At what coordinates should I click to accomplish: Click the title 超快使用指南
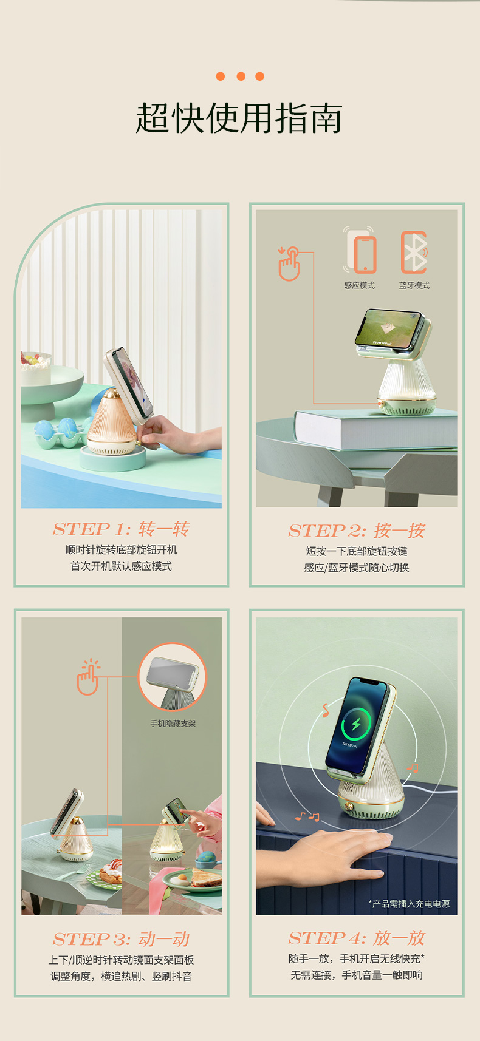point(239,118)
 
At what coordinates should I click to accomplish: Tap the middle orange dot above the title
point(241,76)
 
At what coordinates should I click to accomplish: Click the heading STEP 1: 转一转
point(121,529)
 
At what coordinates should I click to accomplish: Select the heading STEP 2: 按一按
point(357,531)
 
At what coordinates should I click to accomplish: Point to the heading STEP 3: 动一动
point(121,939)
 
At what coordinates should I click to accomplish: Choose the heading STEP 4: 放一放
point(357,938)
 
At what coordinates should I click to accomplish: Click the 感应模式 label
point(359,285)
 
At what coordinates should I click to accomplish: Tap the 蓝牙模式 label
point(414,285)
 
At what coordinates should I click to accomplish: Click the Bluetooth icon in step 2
point(414,252)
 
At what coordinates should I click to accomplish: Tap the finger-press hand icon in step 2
point(289,264)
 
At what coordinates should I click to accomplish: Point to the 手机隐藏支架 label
point(173,724)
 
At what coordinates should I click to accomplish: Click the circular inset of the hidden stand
point(173,677)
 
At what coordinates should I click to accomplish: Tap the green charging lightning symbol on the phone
point(356,724)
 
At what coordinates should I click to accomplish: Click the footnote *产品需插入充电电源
point(410,904)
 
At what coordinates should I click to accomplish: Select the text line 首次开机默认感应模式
point(121,566)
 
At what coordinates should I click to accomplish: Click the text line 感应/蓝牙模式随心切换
point(357,568)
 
